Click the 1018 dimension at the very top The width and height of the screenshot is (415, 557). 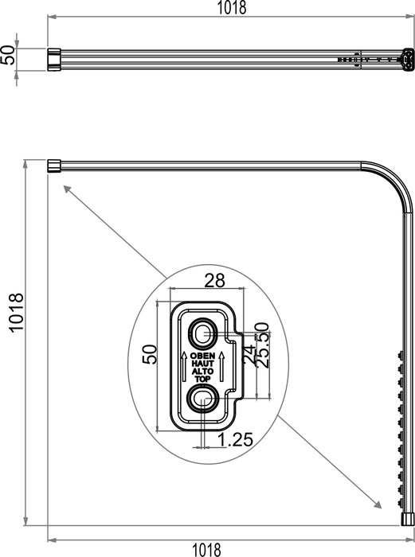(232, 8)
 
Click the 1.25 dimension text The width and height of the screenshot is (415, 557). (232, 437)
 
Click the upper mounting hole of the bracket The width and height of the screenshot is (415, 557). (203, 331)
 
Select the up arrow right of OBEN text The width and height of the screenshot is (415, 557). (222, 367)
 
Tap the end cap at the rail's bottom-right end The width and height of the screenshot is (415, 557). (409, 518)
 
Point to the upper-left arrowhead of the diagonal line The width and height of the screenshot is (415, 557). (63, 188)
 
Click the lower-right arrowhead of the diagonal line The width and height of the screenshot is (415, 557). (375, 505)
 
